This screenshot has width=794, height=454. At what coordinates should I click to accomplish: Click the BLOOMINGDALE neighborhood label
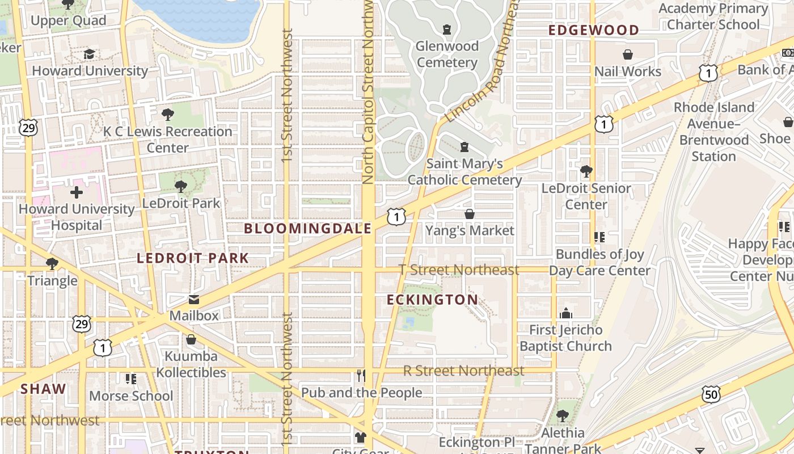pyautogui.click(x=307, y=229)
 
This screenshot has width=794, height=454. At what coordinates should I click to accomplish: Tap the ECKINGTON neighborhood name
pyautogui.click(x=432, y=300)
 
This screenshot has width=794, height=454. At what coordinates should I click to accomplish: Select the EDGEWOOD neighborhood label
pyautogui.click(x=593, y=30)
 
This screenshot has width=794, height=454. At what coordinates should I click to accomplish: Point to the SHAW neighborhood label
pyautogui.click(x=43, y=389)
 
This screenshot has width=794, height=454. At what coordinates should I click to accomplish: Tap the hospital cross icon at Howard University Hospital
pyautogui.click(x=76, y=192)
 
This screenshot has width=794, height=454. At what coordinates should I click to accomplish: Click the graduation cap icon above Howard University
pyautogui.click(x=89, y=54)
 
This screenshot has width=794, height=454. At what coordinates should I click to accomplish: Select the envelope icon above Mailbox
pyautogui.click(x=194, y=299)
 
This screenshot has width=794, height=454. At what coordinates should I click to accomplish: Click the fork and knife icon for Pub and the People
pyautogui.click(x=361, y=376)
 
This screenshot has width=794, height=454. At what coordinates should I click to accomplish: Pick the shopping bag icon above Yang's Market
pyautogui.click(x=470, y=214)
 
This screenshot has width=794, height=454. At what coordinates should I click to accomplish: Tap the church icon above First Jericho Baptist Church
pyautogui.click(x=565, y=313)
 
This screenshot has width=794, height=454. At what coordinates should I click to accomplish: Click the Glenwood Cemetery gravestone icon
pyautogui.click(x=447, y=29)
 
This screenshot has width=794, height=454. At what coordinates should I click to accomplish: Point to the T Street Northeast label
pyautogui.click(x=459, y=270)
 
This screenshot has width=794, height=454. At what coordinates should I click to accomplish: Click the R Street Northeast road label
pyautogui.click(x=463, y=371)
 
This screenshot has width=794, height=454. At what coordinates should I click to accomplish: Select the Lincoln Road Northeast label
pyautogui.click(x=483, y=62)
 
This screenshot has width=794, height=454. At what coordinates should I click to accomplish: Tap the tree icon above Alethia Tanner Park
pyautogui.click(x=562, y=416)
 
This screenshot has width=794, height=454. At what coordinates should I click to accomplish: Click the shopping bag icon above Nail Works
pyautogui.click(x=627, y=54)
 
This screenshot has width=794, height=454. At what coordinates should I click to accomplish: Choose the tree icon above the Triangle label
pyautogui.click(x=52, y=264)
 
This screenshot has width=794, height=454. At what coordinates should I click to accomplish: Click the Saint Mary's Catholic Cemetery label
pyautogui.click(x=464, y=172)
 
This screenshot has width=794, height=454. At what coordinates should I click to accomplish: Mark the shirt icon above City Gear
pyautogui.click(x=361, y=437)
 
